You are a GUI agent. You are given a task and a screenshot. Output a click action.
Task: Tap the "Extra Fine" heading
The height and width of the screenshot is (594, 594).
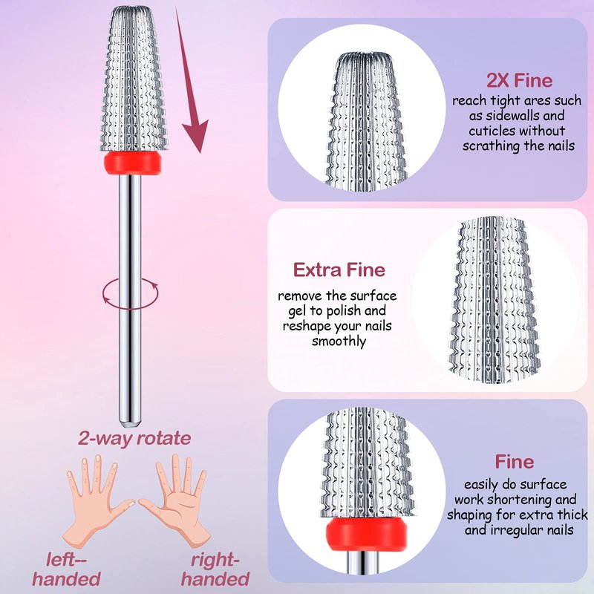click(339, 269)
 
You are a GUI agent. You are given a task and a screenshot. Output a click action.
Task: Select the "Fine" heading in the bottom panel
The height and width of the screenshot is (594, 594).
click(514, 462)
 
